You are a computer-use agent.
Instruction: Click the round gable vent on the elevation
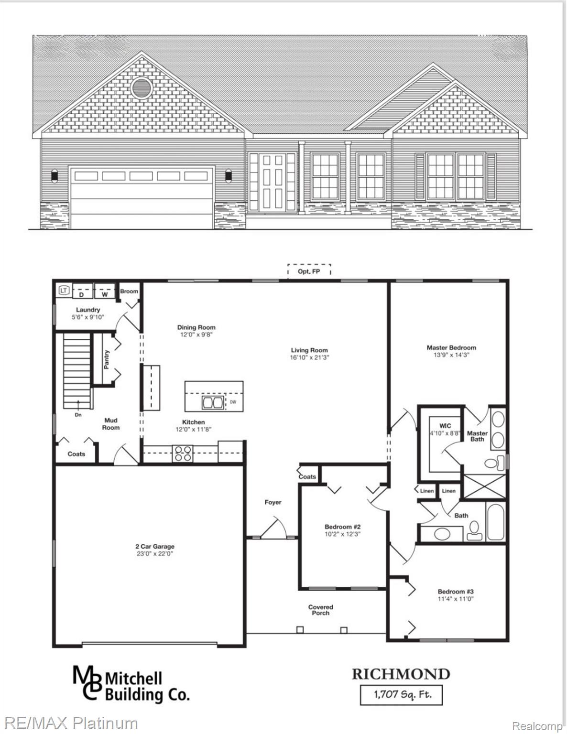click(x=142, y=87)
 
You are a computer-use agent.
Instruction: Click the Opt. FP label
click(x=309, y=271)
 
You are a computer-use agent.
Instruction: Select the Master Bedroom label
click(x=451, y=347)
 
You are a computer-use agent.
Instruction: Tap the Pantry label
click(x=107, y=359)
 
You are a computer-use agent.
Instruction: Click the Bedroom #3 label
click(x=456, y=591)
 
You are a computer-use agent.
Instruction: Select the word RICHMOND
click(x=401, y=674)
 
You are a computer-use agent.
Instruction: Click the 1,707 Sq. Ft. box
click(x=401, y=694)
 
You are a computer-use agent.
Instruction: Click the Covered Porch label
click(x=320, y=610)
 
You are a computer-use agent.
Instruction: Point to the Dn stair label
click(x=78, y=415)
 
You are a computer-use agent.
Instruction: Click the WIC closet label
click(x=445, y=426)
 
